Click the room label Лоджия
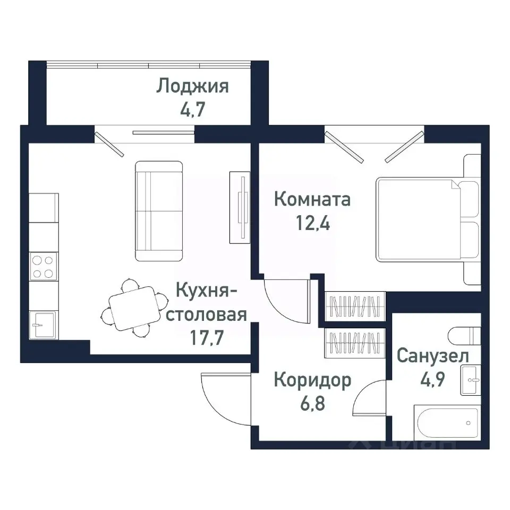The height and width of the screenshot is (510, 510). tap(192, 86)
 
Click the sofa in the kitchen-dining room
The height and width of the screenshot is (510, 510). tap(159, 211)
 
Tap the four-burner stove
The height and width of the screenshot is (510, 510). tap(42, 267)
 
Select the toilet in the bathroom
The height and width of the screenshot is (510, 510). tap(464, 336)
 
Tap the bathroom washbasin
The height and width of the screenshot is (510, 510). tap(471, 379)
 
